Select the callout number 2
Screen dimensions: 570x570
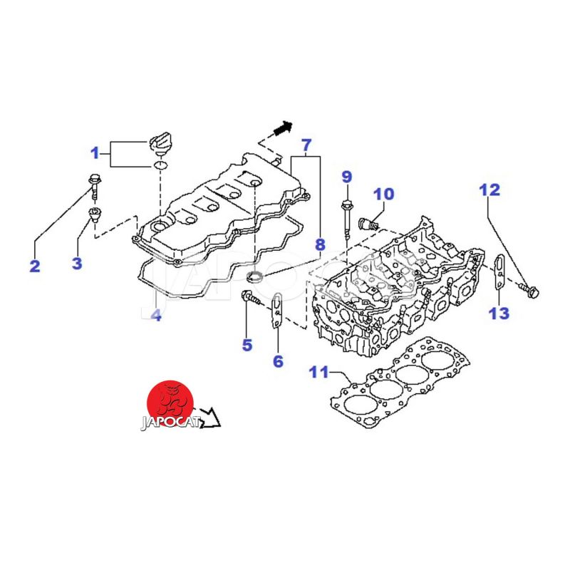34,266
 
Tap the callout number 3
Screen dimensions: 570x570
77,263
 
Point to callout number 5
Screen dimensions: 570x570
247,346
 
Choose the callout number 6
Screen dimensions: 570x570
278,361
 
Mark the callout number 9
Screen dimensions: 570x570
346,176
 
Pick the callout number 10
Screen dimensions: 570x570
383,193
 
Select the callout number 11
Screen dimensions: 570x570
318,372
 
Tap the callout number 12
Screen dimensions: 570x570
489,190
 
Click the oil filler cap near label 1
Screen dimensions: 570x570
161,140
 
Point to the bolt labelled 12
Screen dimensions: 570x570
531,289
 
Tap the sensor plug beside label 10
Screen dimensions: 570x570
368,222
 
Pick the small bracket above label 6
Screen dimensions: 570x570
277,311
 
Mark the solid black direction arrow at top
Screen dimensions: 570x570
283,128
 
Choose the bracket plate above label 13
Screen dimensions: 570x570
499,274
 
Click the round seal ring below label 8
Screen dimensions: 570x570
254,276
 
